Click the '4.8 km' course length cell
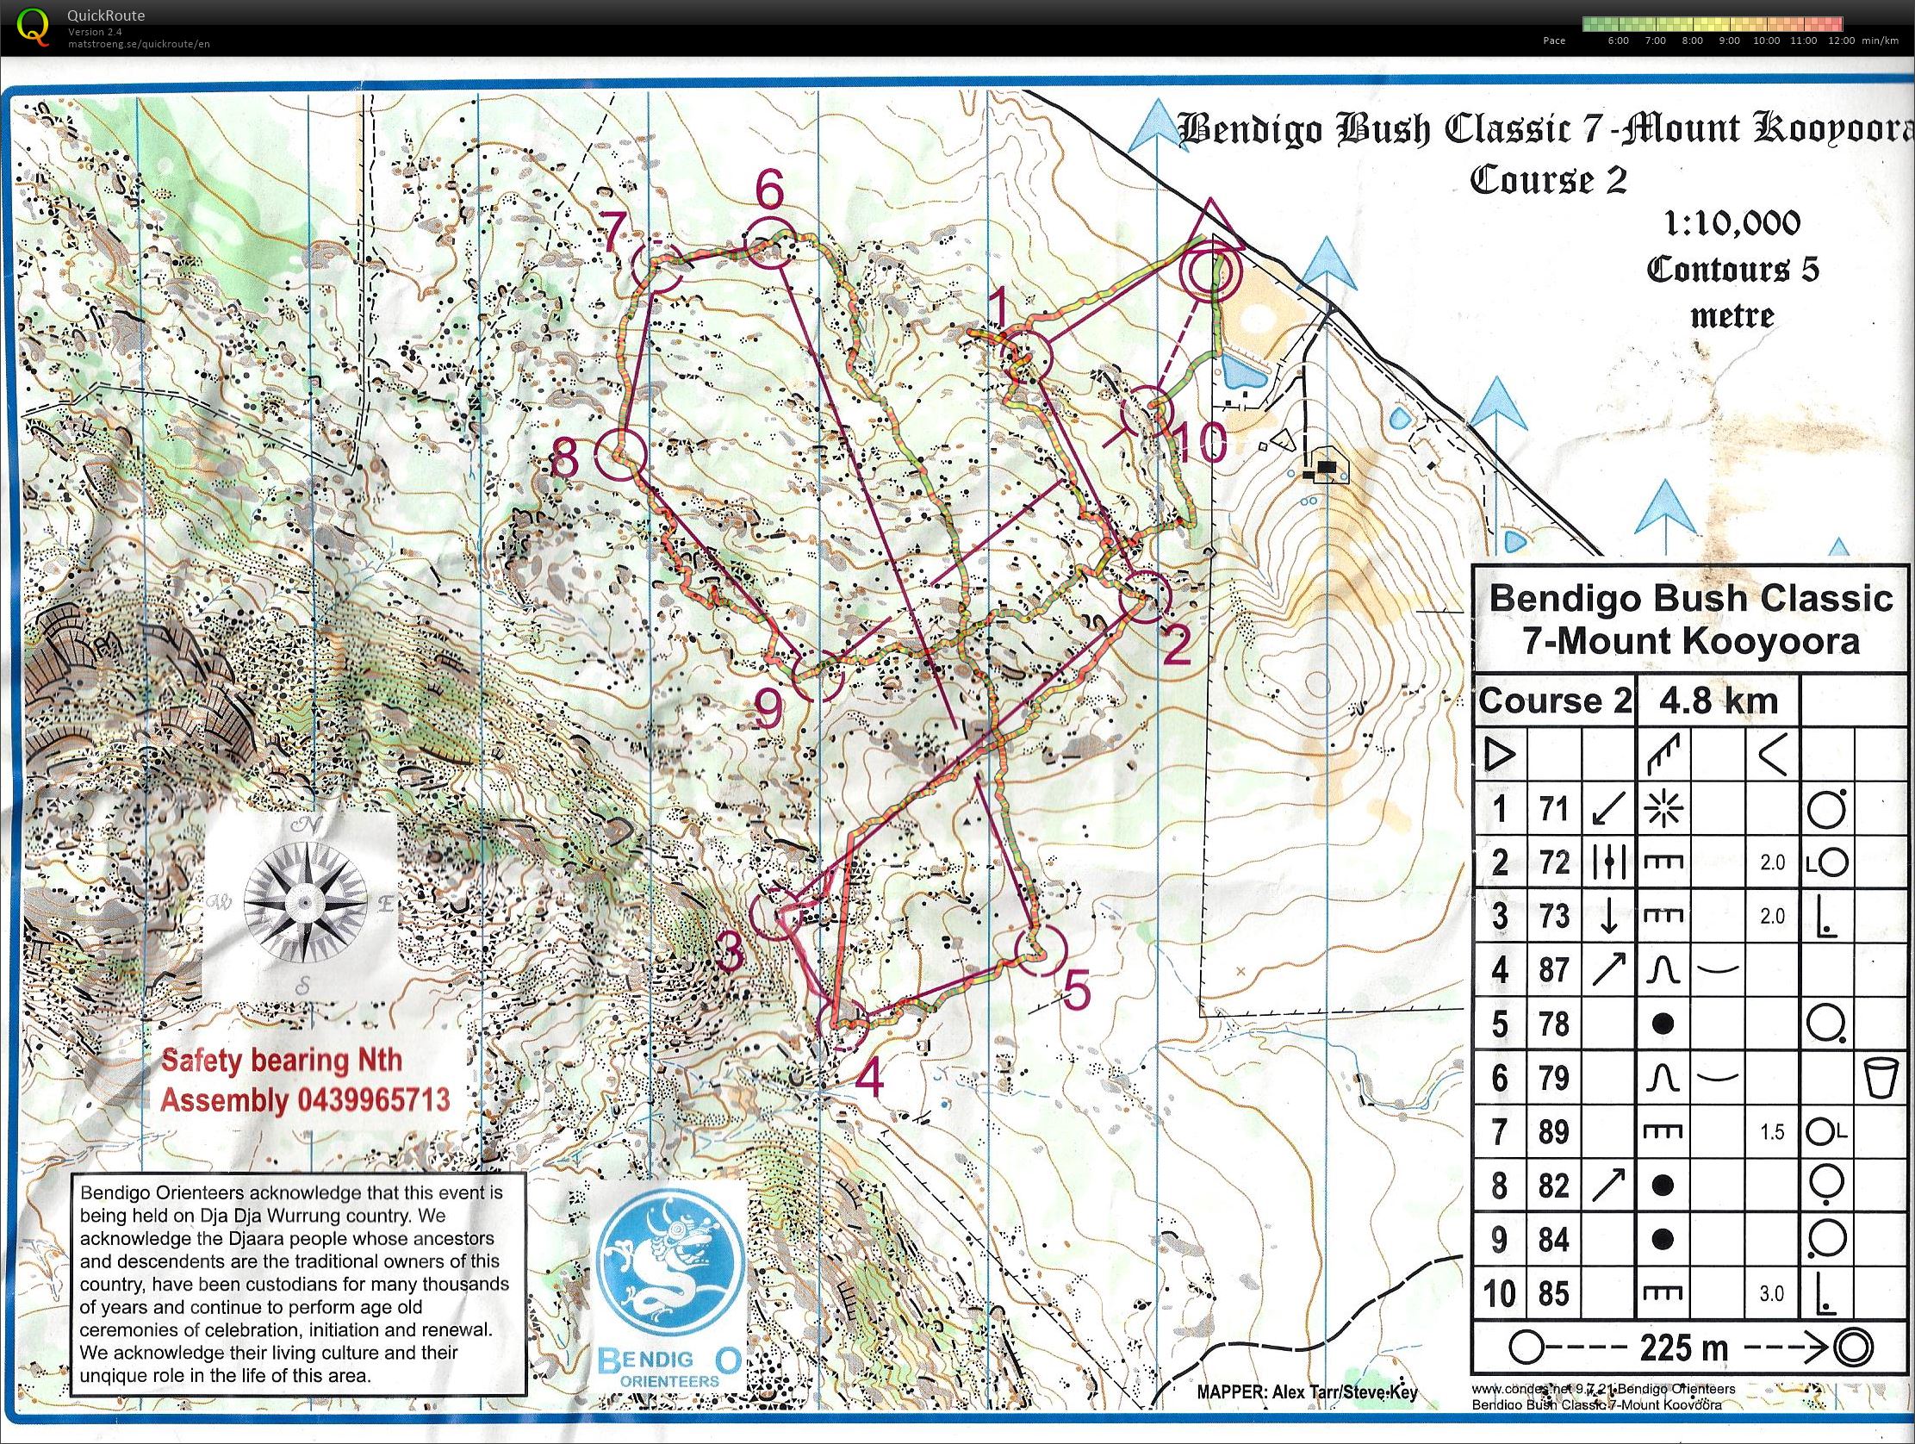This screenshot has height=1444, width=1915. (x=1718, y=700)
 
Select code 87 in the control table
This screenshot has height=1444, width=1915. (x=1554, y=969)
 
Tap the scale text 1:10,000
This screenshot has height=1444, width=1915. (x=1732, y=223)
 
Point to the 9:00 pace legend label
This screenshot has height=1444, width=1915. (x=1729, y=40)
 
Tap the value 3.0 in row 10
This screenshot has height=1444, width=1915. (x=1771, y=1293)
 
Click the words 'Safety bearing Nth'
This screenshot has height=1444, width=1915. (x=282, y=1060)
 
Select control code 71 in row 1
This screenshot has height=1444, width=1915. (x=1554, y=808)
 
